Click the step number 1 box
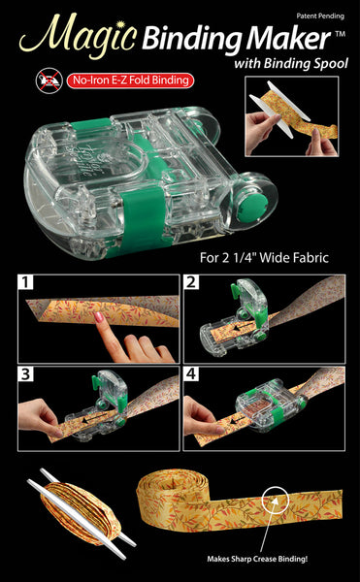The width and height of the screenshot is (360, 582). pyautogui.click(x=27, y=283)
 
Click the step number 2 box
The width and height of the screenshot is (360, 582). pyautogui.click(x=193, y=283)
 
